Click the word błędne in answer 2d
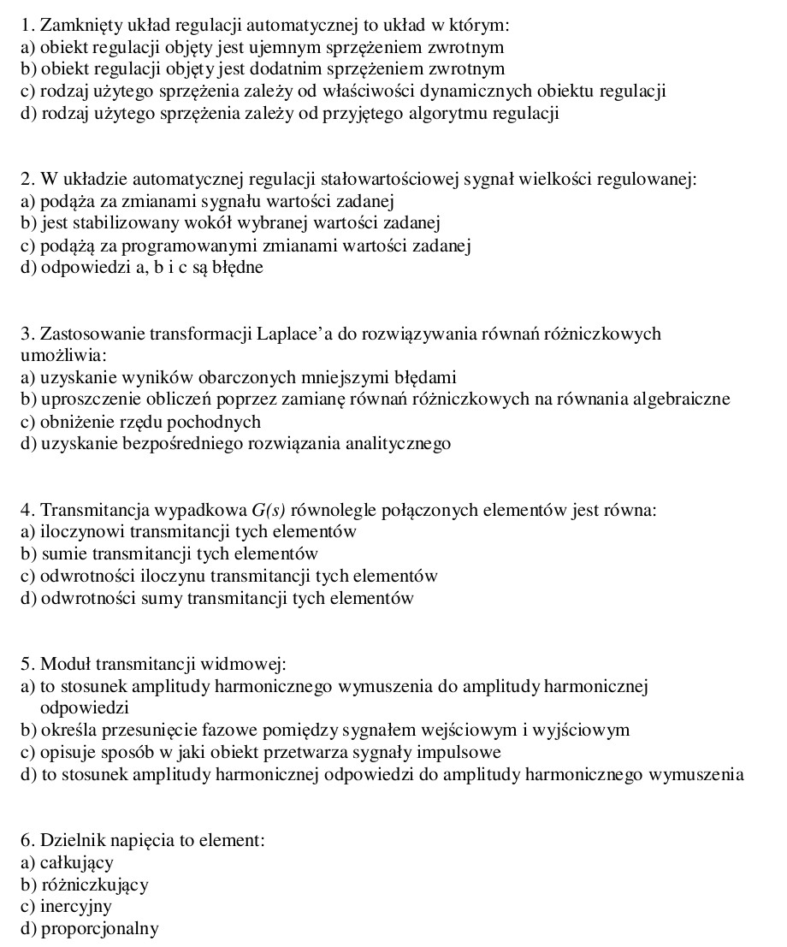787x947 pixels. coord(238,267)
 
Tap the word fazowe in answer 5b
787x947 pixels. coord(228,731)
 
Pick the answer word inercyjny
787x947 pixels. coord(76,907)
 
